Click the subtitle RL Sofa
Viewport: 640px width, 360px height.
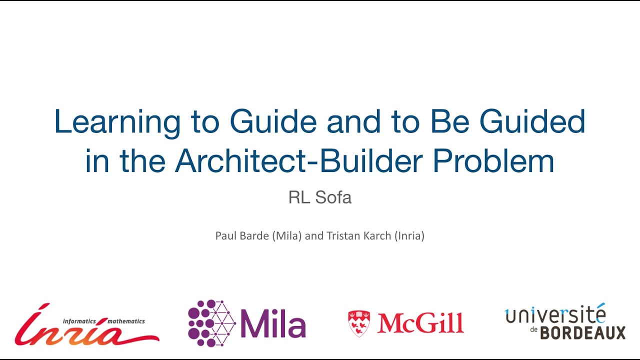click(x=320, y=197)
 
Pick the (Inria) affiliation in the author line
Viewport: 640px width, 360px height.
click(x=409, y=235)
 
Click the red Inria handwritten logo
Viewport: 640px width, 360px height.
click(x=85, y=328)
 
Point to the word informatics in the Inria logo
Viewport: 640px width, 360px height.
click(x=79, y=321)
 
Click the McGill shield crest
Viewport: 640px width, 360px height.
click(x=358, y=323)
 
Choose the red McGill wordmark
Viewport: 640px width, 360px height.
click(x=420, y=323)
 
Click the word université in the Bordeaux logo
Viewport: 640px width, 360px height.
click(x=555, y=315)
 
